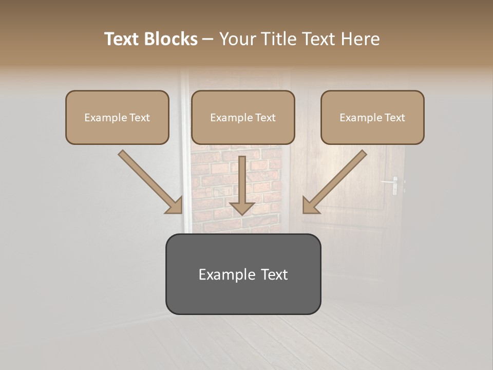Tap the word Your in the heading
coord(235,39)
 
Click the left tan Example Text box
coord(117,118)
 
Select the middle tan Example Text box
coord(243,118)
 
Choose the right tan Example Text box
coord(372,118)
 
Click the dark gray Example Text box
coord(243,274)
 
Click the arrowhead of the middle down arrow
coord(242,208)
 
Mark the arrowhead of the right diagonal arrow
coord(310,206)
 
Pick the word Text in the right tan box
coord(394,118)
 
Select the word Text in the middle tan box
coord(265,118)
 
